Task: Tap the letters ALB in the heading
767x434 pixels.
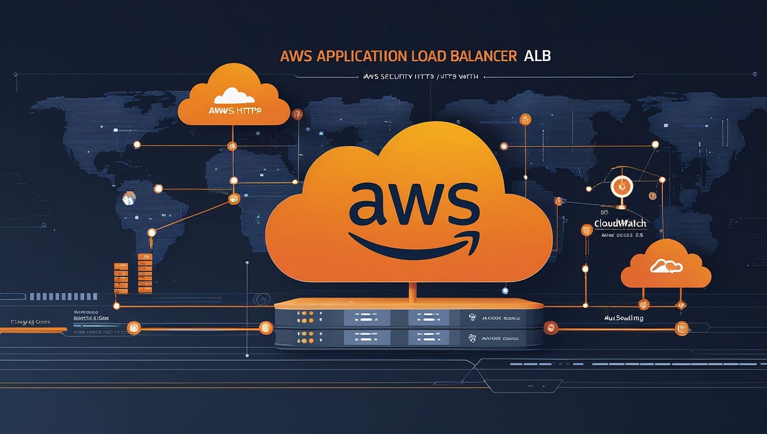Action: (537, 57)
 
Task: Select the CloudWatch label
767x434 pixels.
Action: (620, 223)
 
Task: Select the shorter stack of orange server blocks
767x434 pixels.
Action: (121, 277)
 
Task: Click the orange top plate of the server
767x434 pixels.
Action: (408, 303)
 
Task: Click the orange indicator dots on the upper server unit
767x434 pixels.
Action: (302, 318)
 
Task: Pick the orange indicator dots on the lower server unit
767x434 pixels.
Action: (302, 338)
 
